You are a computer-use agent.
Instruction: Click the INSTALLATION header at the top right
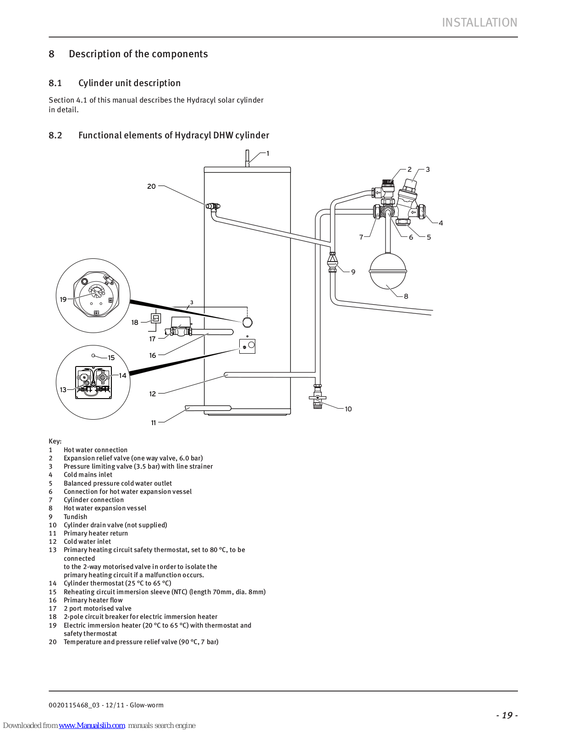coord(479,22)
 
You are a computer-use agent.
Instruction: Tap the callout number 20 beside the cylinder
coord(151,186)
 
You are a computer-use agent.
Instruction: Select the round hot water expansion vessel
coord(388,271)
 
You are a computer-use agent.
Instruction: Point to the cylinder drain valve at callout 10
coord(317,397)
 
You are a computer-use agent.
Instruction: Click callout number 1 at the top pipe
coord(268,153)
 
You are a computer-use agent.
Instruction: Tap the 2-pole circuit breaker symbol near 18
coord(155,318)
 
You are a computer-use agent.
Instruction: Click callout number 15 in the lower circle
coord(111,358)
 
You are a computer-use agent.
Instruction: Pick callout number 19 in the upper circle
coord(63,299)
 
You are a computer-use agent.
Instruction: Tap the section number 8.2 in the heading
coord(55,135)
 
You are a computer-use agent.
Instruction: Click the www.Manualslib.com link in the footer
coord(92,725)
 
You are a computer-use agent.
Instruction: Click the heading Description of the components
coord(138,54)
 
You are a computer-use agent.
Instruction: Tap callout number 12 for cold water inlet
coord(153,394)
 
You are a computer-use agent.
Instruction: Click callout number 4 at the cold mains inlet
coord(440,223)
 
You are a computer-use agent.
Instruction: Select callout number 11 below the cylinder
coord(153,423)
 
